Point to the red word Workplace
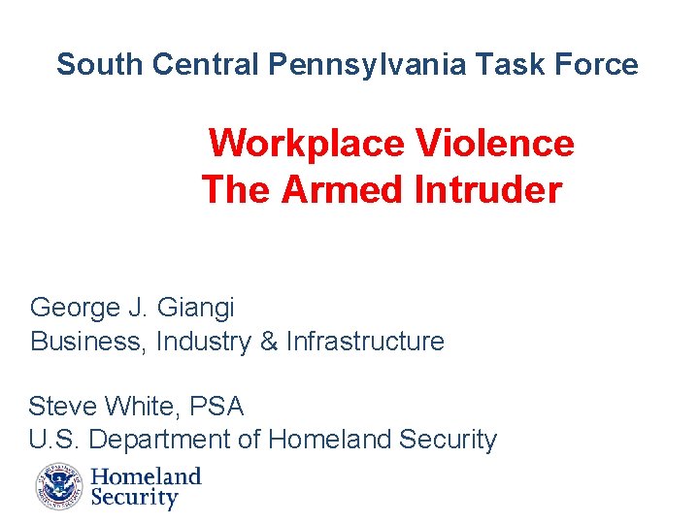coord(307,144)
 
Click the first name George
coord(75,309)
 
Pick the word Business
coord(87,342)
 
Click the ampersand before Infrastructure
coord(268,342)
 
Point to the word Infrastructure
coord(365,342)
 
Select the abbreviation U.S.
coord(54,440)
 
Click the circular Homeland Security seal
coord(60,487)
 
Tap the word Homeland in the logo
coord(146,476)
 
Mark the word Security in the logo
coord(135,499)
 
